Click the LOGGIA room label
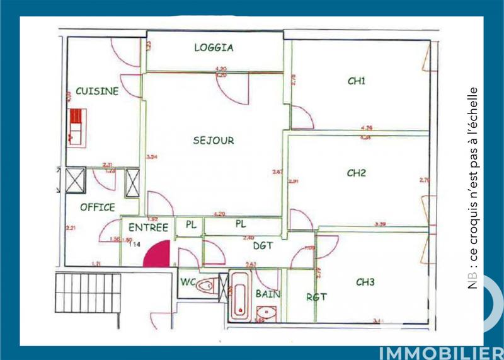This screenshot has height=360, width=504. pyautogui.click(x=214, y=47)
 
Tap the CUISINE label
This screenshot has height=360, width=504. pyautogui.click(x=97, y=91)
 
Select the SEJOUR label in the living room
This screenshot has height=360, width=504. pyautogui.click(x=213, y=141)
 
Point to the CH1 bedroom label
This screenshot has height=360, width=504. pyautogui.click(x=357, y=81)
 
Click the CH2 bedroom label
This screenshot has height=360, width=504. pyautogui.click(x=357, y=173)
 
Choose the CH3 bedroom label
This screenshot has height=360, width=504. pyautogui.click(x=365, y=282)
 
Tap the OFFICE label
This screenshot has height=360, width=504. pyautogui.click(x=98, y=207)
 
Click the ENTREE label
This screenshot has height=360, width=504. pyautogui.click(x=148, y=228)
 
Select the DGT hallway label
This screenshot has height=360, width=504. pyautogui.click(x=263, y=247)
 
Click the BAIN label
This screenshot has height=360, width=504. pyautogui.click(x=268, y=293)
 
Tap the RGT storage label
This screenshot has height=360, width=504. pyautogui.click(x=316, y=297)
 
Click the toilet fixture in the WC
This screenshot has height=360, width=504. pyautogui.click(x=207, y=287)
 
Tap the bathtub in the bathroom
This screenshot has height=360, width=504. pyautogui.click(x=239, y=296)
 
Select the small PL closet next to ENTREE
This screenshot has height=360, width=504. pyautogui.click(x=190, y=224)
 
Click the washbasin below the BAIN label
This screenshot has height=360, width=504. pyautogui.click(x=266, y=312)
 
